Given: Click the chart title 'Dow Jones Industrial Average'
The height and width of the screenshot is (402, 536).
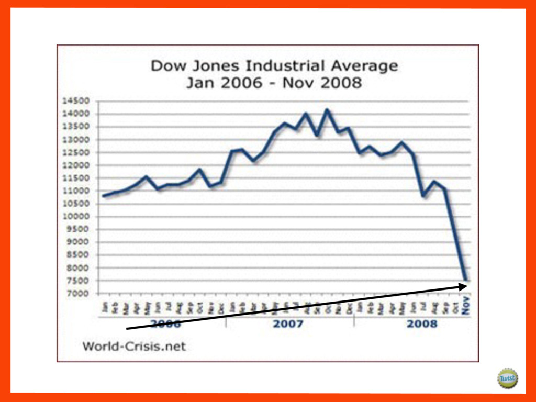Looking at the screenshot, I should (274, 66).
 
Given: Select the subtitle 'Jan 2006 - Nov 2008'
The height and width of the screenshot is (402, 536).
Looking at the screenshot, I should (274, 83).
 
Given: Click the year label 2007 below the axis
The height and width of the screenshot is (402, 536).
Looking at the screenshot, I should (288, 323).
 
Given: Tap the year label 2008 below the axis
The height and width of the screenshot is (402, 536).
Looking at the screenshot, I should (422, 323).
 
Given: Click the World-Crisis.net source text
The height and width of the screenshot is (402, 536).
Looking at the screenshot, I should (134, 346).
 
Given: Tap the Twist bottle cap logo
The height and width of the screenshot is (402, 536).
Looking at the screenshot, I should (507, 378).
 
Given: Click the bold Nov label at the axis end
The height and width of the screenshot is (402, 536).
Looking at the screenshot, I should (465, 309).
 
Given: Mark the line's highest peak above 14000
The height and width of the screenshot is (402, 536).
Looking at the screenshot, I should (328, 109).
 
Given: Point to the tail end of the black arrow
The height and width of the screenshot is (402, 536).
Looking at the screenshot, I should (127, 329).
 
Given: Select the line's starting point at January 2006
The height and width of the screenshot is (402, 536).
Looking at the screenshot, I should (104, 196).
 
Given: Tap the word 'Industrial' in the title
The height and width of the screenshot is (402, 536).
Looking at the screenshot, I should (283, 66).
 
